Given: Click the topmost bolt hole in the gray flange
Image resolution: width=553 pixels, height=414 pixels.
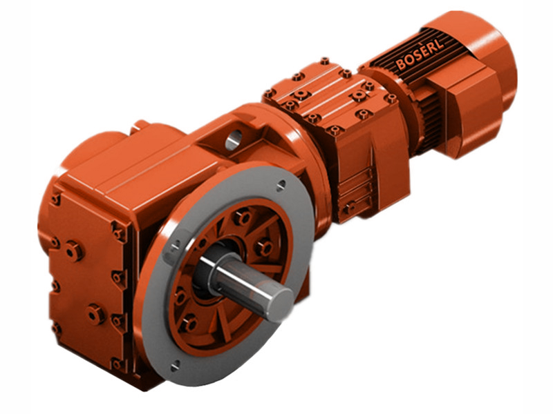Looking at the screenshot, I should coord(281,185).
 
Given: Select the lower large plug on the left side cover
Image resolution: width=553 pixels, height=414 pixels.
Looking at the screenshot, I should coord(95,315).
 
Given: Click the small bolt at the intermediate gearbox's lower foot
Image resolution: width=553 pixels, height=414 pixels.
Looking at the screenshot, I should coord(350,206).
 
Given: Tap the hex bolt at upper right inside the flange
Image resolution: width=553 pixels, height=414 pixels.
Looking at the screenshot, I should coord(265,247).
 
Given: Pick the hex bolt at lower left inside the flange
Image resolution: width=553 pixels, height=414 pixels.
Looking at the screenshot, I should coord(188,322).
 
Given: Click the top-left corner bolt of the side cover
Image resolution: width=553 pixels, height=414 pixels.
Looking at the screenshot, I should coord(55,199).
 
